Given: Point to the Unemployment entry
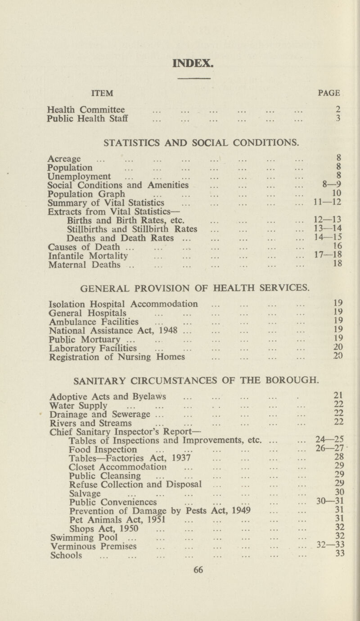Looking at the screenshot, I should [85, 175].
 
